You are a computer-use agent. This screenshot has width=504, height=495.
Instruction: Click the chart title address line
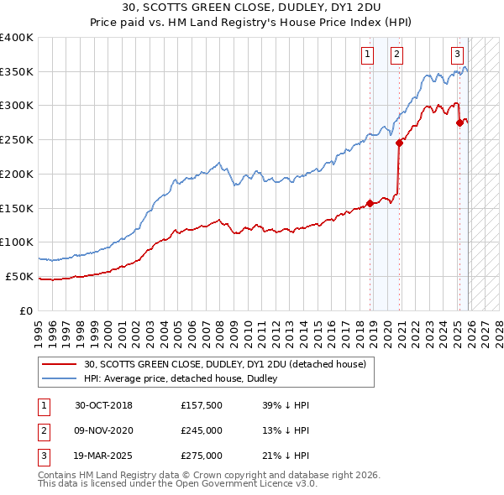click(252, 8)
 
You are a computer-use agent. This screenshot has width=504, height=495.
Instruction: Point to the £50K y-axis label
click(19, 276)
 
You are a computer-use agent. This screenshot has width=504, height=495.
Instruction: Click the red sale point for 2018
click(370, 202)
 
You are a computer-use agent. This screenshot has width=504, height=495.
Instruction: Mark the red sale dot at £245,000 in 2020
click(399, 143)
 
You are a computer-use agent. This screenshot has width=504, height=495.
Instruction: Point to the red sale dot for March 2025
click(459, 122)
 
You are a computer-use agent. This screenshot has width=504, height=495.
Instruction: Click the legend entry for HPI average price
click(186, 379)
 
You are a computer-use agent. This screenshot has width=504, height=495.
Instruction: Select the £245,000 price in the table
click(202, 430)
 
